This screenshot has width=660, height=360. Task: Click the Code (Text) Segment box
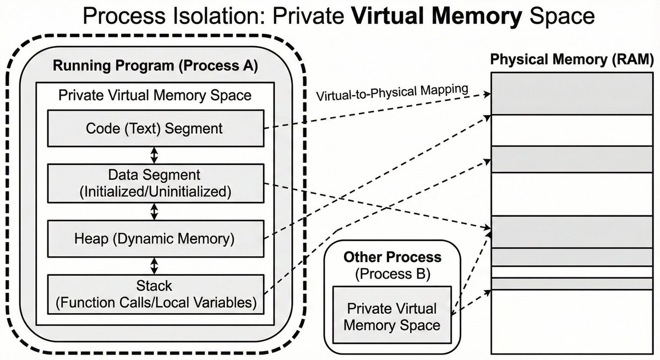click(x=155, y=128)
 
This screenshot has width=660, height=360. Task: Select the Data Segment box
click(x=155, y=183)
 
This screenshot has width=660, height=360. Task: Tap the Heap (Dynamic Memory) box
click(x=155, y=238)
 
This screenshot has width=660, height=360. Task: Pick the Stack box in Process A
click(x=155, y=293)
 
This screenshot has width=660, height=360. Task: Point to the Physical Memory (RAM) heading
click(x=572, y=59)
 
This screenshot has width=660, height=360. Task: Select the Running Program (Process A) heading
click(x=155, y=66)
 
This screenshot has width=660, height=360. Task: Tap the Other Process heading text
click(x=392, y=257)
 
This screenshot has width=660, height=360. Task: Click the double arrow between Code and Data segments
click(x=155, y=155)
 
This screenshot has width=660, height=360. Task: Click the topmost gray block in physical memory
click(x=572, y=94)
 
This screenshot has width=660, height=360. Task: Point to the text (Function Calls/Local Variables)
click(x=155, y=302)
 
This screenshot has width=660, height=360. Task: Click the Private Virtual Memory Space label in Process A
click(x=155, y=95)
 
